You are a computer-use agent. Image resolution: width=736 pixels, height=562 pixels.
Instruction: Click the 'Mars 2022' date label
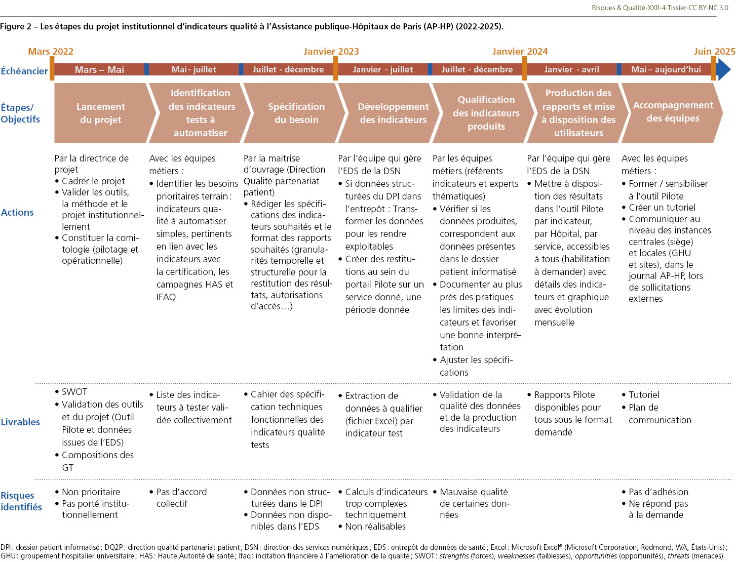[x=51, y=52]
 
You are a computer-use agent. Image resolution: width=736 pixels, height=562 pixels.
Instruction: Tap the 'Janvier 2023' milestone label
[x=331, y=52]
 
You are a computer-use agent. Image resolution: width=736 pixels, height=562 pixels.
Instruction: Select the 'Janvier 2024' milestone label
[x=520, y=52]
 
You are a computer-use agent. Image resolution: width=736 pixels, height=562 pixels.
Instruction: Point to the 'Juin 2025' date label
[x=714, y=52]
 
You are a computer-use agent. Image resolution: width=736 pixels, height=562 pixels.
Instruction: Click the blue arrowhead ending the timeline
[x=724, y=69]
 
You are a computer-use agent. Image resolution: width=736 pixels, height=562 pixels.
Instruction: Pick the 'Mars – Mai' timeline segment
[x=99, y=70]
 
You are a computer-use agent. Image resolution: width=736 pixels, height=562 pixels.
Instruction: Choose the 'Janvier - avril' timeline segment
[x=571, y=70]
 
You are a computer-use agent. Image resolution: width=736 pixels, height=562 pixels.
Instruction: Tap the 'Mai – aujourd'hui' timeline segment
[x=666, y=70]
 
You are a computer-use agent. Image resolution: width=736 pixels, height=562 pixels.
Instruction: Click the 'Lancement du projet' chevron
[x=101, y=113]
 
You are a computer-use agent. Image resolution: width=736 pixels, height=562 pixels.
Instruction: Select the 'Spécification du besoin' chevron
[x=296, y=113]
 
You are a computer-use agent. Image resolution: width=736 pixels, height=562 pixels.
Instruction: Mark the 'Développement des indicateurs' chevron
[x=393, y=113]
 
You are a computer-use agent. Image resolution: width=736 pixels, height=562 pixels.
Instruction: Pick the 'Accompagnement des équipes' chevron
[x=673, y=112]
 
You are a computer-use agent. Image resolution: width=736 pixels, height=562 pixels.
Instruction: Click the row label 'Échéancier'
[x=24, y=71]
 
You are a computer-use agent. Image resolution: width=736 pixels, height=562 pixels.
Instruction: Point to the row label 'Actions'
[x=17, y=213]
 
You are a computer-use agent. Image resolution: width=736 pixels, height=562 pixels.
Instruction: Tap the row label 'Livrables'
[x=20, y=422]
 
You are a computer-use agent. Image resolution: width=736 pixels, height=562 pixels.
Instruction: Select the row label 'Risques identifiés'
[x=21, y=501]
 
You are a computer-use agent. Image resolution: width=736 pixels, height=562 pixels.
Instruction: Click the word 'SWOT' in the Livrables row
[x=74, y=392]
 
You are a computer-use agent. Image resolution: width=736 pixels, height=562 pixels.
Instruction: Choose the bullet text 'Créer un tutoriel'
[x=662, y=208]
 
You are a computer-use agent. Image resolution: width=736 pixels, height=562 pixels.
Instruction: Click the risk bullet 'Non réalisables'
[x=375, y=527]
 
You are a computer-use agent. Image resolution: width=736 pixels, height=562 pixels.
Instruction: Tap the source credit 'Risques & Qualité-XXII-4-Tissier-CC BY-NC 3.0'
[x=660, y=8]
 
